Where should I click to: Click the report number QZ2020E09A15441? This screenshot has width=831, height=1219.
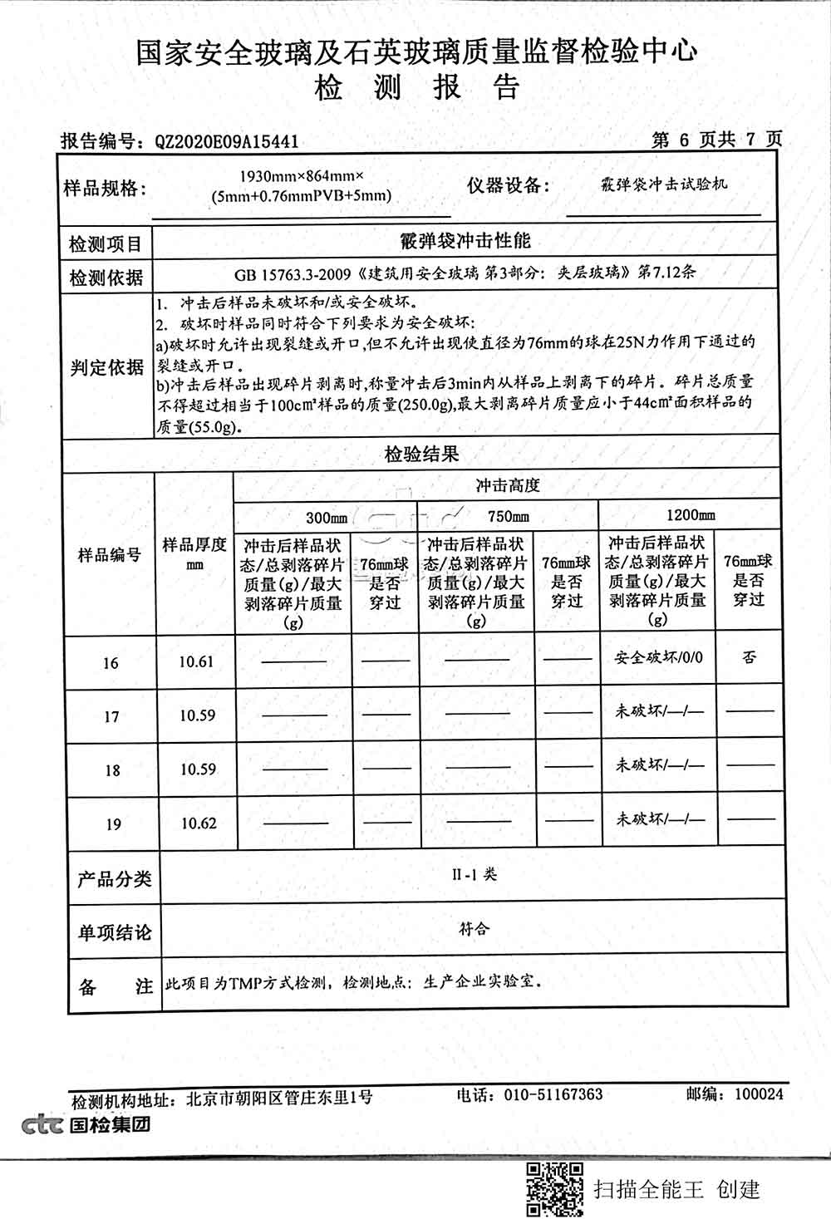coord(226,142)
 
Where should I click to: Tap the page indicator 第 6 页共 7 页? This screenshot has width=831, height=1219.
coord(716,139)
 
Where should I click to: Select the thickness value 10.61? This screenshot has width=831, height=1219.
coord(196,662)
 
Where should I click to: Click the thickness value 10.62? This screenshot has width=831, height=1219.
coord(198,823)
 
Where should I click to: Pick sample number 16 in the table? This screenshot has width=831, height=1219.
coord(111,663)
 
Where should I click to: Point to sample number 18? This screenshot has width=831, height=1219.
coord(112,770)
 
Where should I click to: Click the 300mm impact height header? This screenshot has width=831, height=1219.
coord(327,518)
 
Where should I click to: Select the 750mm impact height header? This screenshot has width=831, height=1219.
coord(508,516)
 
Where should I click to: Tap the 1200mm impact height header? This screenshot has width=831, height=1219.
coord(690,514)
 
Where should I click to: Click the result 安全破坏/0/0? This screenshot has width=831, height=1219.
coord(658,657)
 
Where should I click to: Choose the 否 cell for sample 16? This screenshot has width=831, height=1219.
coord(749,657)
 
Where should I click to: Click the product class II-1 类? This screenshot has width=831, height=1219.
coord(474,874)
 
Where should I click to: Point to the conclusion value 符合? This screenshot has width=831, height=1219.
coord(474,928)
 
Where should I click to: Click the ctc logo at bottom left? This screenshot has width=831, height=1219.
coord(42,1125)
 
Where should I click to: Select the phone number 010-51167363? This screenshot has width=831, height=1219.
coord(553,1094)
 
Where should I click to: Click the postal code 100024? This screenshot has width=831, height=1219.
coord(759,1094)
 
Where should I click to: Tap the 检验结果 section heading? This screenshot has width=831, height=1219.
coord(421,455)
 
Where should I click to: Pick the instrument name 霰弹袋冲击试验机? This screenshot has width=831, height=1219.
coord(663,184)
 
